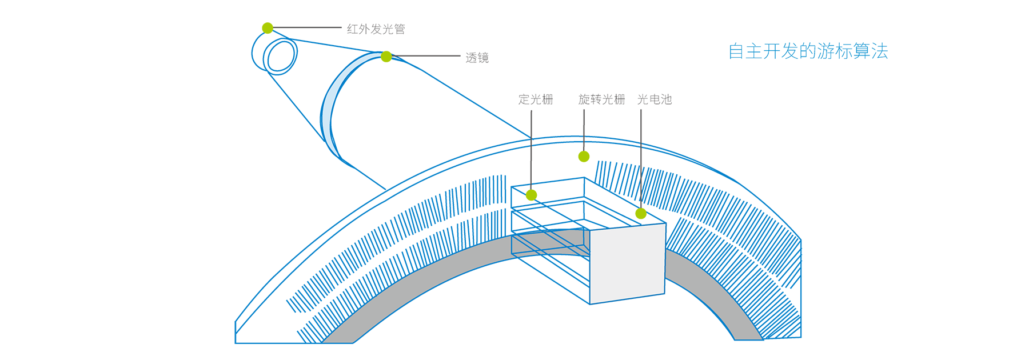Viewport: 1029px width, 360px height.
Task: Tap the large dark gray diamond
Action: [x=532, y=164]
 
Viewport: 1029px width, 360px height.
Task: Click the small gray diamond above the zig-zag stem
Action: [x=641, y=155]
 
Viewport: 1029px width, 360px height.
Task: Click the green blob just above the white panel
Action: [x=639, y=214]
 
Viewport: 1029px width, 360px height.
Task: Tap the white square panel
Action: [x=628, y=263]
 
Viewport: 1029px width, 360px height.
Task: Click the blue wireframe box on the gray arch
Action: [x=549, y=242]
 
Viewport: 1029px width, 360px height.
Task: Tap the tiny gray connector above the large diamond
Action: [x=531, y=141]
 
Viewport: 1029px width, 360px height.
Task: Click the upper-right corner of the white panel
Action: [x=665, y=225]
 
